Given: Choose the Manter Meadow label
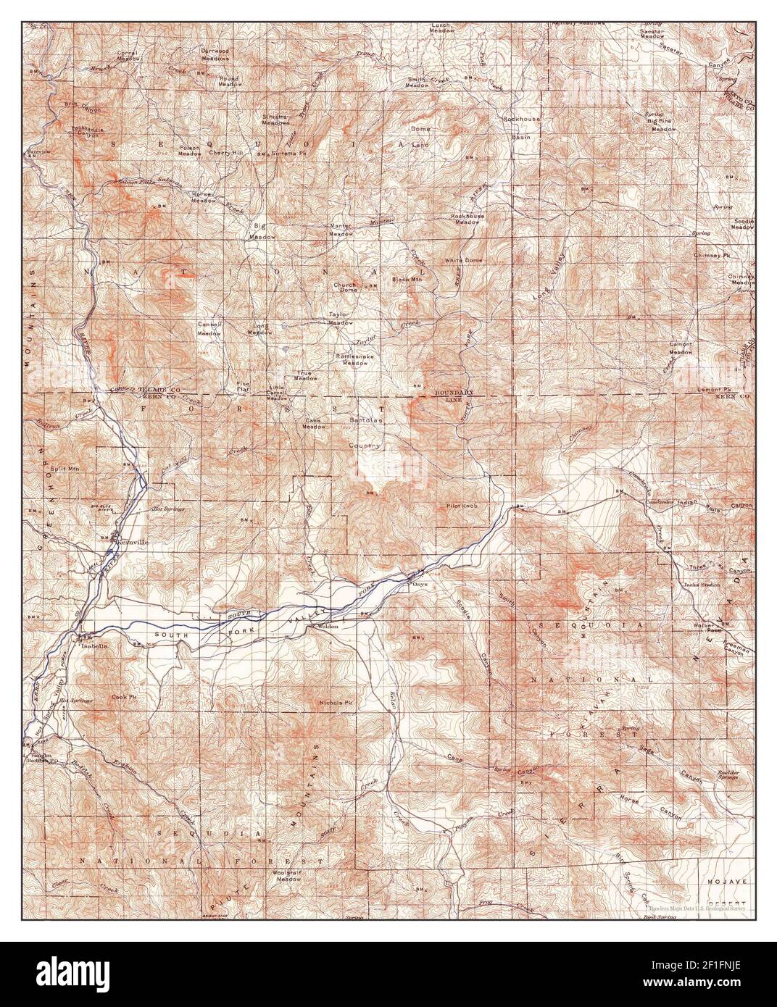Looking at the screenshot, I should tap(341, 230).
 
